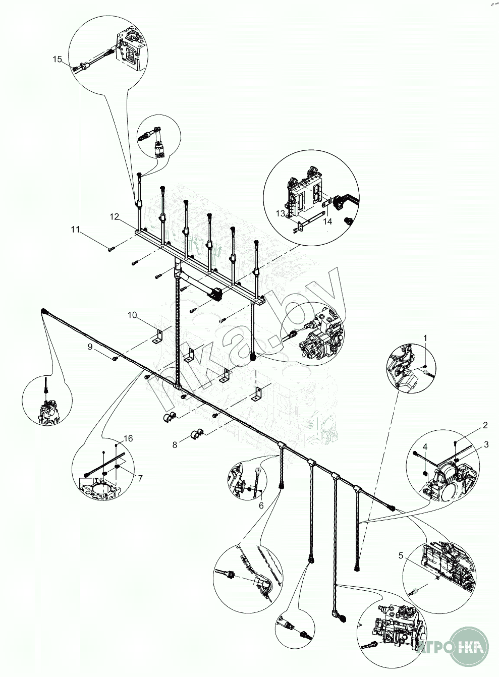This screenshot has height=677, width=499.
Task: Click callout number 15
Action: point(57,60)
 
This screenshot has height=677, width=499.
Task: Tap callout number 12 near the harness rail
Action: point(115,217)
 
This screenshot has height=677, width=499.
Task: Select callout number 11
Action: point(76,230)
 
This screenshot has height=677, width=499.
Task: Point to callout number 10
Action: point(132,315)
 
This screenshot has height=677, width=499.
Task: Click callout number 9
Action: point(90,347)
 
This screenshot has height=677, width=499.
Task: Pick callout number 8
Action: point(175,444)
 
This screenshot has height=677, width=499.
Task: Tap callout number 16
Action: point(128,439)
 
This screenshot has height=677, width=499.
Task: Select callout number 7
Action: point(140,478)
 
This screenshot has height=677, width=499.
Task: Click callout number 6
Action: point(261,505)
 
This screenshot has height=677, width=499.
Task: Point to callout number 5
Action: point(401,556)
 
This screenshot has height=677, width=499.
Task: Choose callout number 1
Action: point(425,337)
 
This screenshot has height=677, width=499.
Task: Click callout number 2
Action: point(485,425)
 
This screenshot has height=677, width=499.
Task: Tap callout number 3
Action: point(486,444)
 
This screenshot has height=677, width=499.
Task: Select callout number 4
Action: point(425,447)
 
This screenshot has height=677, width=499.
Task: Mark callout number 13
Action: point(281,213)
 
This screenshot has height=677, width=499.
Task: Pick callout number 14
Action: point(328,221)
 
